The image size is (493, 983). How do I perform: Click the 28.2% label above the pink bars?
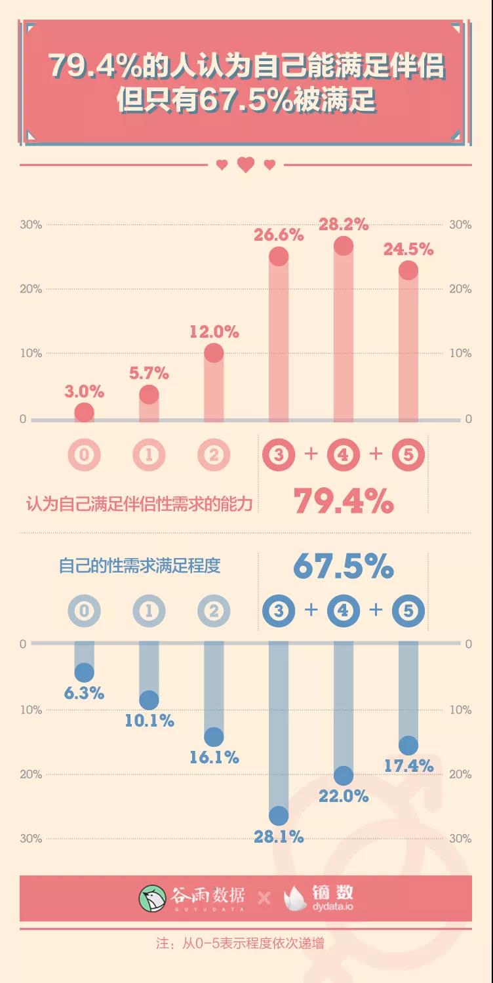(x=344, y=224)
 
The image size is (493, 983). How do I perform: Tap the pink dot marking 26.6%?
(x=279, y=256)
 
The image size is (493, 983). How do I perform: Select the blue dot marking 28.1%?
(x=279, y=816)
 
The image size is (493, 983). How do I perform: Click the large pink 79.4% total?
(x=343, y=502)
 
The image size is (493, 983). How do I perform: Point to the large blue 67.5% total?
(x=343, y=567)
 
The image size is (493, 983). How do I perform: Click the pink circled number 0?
(x=85, y=455)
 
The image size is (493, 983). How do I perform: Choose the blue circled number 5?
(x=408, y=611)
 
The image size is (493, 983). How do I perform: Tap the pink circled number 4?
(x=344, y=455)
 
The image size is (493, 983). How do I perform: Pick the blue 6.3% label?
(x=84, y=693)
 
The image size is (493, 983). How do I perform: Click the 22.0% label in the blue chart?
(x=344, y=796)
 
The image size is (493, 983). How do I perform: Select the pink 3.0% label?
(x=84, y=391)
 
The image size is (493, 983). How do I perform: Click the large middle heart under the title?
(x=246, y=165)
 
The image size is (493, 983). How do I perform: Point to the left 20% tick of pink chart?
(x=31, y=289)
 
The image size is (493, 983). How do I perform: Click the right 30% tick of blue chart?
(x=460, y=839)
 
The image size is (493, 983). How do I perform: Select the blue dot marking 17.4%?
(x=408, y=746)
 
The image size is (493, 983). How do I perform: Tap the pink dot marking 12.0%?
(x=214, y=353)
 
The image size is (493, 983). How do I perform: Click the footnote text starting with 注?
(x=240, y=944)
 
